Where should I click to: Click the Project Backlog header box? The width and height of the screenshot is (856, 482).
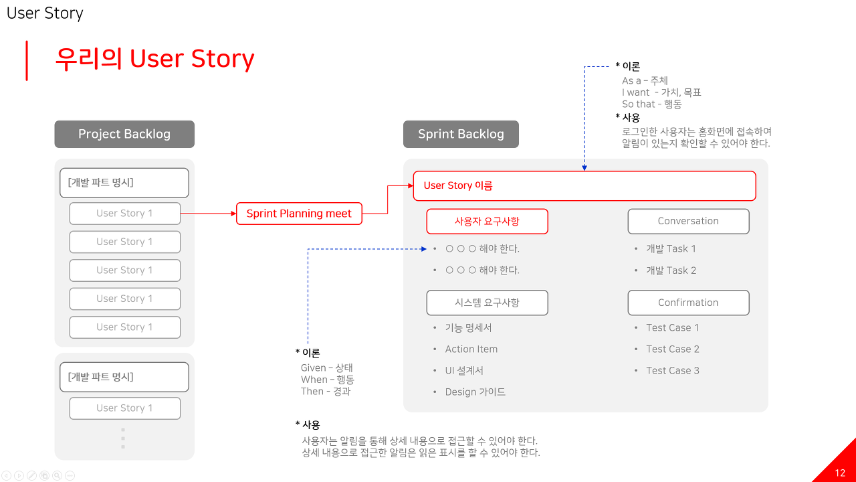(124, 134)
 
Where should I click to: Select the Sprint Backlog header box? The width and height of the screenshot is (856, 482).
(461, 134)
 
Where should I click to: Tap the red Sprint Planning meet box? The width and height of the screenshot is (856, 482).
(299, 214)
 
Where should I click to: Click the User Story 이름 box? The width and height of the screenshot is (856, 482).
(584, 185)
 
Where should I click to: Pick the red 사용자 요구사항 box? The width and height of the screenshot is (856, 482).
(487, 221)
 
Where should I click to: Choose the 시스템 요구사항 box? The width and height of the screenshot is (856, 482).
(487, 303)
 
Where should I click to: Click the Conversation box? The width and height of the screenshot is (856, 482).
(688, 221)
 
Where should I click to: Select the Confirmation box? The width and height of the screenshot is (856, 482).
(688, 303)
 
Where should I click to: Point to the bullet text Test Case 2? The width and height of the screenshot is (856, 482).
(673, 349)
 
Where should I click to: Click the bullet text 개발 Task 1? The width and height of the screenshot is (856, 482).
(671, 248)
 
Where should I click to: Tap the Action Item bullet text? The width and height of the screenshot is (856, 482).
(471, 349)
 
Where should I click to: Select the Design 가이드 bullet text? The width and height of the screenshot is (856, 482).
(475, 392)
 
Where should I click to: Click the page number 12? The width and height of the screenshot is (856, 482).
(840, 473)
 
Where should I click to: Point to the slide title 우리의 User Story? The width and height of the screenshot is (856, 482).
(154, 59)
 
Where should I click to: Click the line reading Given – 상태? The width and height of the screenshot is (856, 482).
(327, 368)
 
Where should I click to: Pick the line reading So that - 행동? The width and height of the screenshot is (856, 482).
(652, 104)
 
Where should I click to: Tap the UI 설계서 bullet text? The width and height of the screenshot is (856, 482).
(464, 370)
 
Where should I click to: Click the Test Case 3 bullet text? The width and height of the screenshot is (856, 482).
(673, 370)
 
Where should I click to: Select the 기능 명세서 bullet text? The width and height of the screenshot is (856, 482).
(469, 327)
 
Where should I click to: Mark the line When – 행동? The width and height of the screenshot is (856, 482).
(328, 380)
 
